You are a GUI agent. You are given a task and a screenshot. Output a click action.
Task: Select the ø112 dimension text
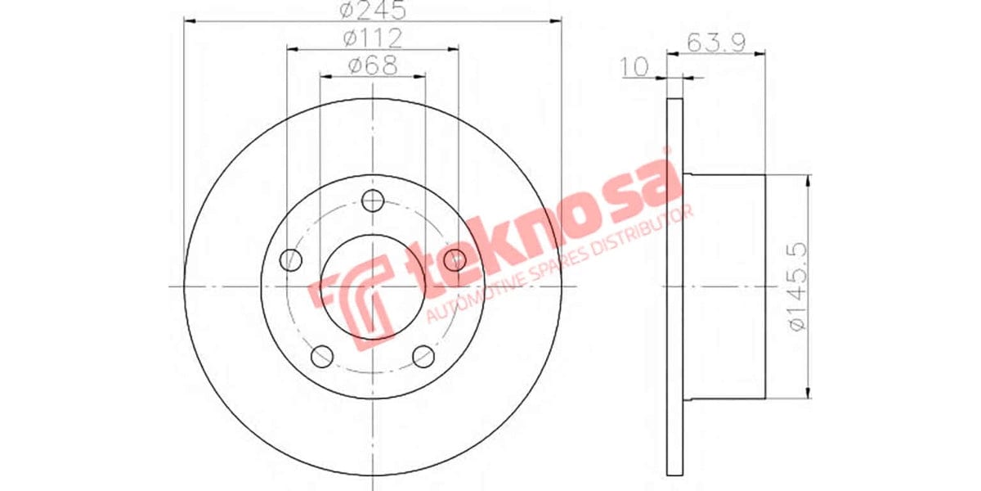point(372,38)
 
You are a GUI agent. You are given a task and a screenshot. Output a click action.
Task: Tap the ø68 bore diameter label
point(372,65)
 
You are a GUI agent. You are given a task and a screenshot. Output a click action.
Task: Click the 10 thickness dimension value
point(634,67)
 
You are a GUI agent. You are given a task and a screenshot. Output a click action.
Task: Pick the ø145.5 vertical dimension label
point(799,286)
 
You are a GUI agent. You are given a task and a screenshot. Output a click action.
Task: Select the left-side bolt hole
point(290,260)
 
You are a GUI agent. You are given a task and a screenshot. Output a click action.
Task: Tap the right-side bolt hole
point(455,260)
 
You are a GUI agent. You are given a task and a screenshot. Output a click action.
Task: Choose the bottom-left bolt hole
point(322,356)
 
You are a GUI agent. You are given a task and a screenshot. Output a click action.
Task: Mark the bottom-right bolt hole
point(423,356)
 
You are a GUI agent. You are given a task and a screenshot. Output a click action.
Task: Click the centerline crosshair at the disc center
point(373,286)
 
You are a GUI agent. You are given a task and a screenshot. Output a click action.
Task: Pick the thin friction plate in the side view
point(674,286)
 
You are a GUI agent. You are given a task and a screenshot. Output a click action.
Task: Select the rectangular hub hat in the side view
point(724,286)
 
